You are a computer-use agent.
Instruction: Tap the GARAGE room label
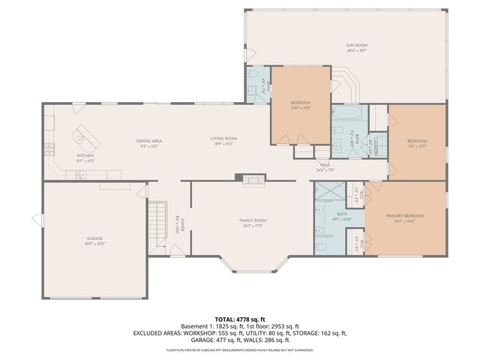point(94,238)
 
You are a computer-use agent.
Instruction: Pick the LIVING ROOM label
point(223,139)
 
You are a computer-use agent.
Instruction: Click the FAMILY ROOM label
point(253,220)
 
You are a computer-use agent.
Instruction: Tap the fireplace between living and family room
point(252,179)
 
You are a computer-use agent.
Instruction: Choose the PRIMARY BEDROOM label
point(405,216)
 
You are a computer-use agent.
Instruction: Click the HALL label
point(325,165)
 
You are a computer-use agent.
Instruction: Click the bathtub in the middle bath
point(346,115)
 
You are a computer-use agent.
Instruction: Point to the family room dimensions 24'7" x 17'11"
point(253,225)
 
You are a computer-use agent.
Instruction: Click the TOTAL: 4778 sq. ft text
point(239,319)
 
